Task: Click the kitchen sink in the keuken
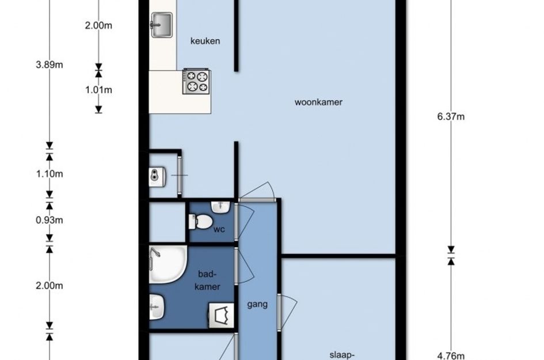(161, 25)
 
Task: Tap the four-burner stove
(196, 81)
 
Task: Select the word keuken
(205, 41)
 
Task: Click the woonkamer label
(318, 102)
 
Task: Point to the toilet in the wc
(200, 222)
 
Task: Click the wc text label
(219, 229)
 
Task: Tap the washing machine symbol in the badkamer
(221, 316)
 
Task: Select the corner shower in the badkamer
(168, 264)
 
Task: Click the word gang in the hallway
(257, 305)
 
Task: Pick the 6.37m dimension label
(451, 116)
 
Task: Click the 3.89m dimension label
(50, 65)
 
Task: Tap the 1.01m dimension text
(98, 90)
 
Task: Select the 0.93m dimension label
(50, 220)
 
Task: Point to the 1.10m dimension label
(50, 173)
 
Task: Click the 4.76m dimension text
(451, 356)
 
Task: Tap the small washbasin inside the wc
(220, 207)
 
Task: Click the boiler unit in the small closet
(157, 176)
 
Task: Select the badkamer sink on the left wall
(157, 307)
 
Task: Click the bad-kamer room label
(207, 280)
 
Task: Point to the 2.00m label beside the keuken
(98, 26)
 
